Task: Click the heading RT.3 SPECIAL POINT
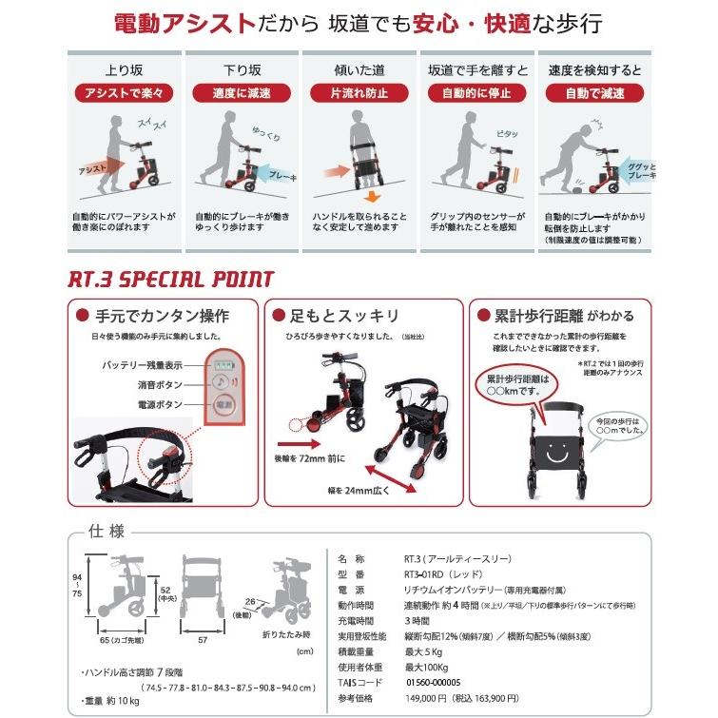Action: tap(170, 280)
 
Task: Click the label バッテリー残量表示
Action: tap(143, 364)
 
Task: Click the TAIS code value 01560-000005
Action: tap(441, 682)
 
